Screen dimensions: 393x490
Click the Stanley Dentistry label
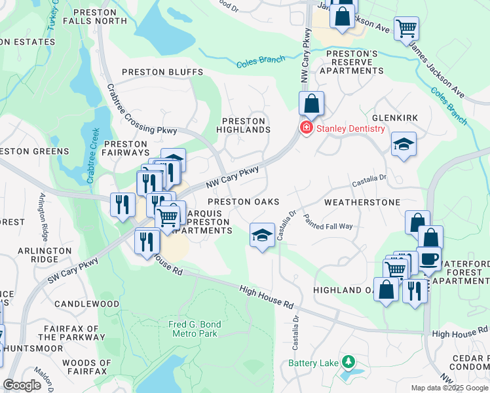point(350,128)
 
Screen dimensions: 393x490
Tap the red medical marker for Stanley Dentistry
point(305,128)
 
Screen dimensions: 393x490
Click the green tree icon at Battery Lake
point(350,362)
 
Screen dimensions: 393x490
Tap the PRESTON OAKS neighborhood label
point(244,202)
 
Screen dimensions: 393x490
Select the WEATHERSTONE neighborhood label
point(361,202)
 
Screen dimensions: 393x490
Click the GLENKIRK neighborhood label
point(394,117)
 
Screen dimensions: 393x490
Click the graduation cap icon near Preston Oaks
point(262,235)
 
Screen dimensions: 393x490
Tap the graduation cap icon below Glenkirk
point(404,144)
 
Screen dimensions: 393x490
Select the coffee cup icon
point(430,258)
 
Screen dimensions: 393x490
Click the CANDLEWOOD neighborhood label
point(86,304)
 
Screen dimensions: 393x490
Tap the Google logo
point(22,385)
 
